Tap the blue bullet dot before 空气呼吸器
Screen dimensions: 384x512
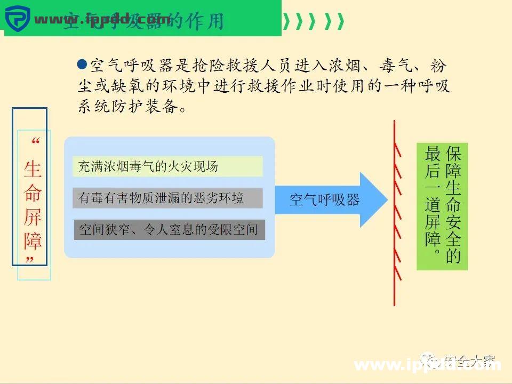[x=82, y=65]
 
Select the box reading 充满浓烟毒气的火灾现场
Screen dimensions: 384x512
[x=167, y=166]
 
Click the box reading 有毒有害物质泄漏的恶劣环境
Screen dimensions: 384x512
[x=167, y=198]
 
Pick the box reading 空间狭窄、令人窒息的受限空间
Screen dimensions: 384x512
[x=169, y=230]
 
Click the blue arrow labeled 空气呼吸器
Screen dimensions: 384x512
[x=331, y=200]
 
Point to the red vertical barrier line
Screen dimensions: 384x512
[x=395, y=213]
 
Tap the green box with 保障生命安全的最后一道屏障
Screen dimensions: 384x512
[x=442, y=206]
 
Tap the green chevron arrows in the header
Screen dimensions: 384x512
[x=315, y=21]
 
